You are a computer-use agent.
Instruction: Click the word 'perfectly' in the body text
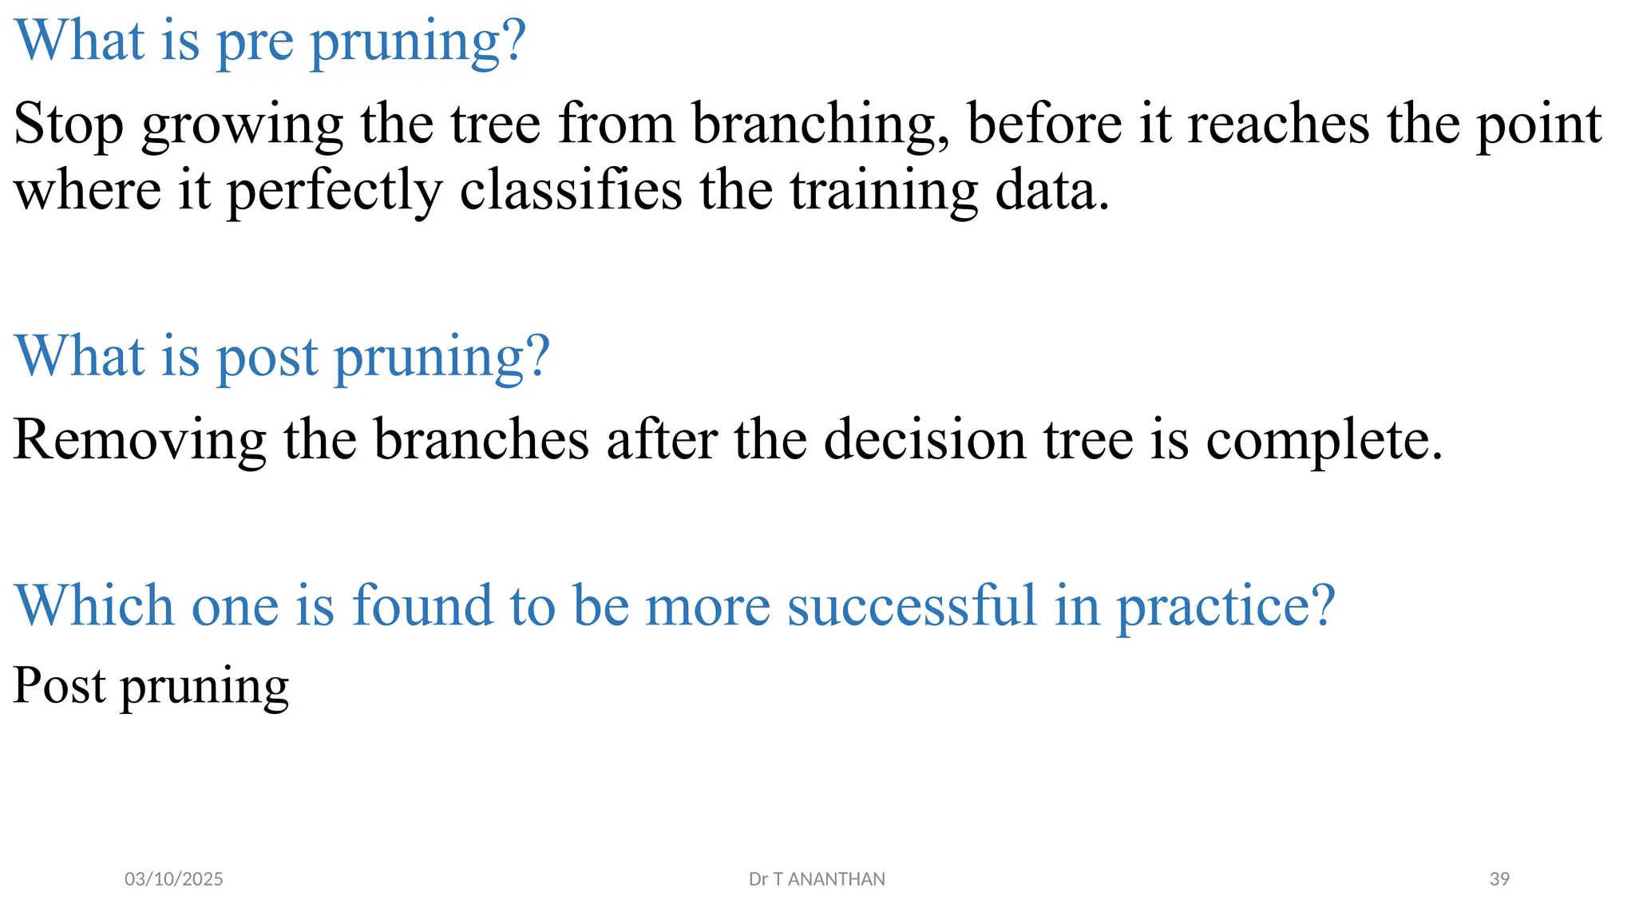[335, 192]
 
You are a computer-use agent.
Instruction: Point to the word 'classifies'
[571, 192]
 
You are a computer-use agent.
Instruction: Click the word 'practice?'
[1225, 607]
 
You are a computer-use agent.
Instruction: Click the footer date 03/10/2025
[174, 879]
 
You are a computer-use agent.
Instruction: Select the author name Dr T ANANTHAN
[817, 879]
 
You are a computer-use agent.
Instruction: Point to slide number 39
[1499, 879]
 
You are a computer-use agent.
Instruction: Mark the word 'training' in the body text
[884, 192]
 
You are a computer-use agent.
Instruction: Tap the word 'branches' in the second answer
[481, 440]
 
